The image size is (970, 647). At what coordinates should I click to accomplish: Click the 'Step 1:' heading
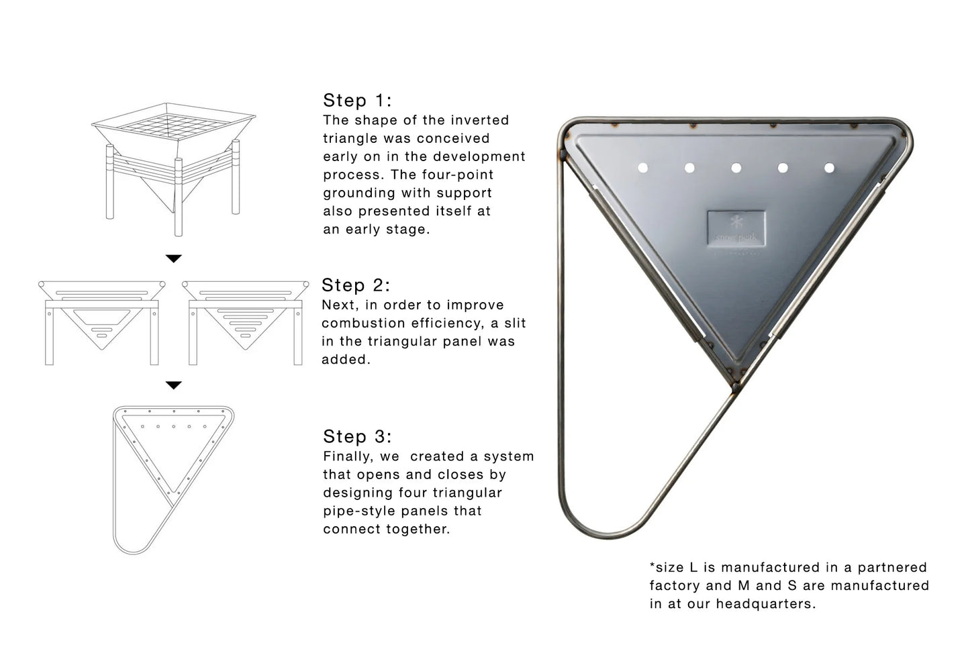pos(357,101)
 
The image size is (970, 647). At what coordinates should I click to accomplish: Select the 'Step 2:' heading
pos(356,285)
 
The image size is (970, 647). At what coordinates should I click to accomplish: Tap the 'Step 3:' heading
pos(357,436)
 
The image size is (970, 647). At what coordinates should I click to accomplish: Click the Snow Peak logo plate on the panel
pos(736,228)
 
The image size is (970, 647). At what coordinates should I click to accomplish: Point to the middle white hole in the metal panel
pos(736,168)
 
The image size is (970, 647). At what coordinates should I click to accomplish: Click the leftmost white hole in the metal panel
pos(642,168)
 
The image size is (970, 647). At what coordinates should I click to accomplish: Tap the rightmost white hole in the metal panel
pos(829,168)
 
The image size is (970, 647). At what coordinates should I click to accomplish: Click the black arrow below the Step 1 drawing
pos(174,258)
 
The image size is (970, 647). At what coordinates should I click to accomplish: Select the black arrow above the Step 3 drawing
pos(174,385)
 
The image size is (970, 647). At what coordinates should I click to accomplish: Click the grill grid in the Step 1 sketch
pos(172,126)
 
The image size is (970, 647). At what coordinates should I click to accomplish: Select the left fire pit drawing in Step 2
pos(102,323)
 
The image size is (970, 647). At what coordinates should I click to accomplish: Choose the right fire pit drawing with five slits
pos(246,323)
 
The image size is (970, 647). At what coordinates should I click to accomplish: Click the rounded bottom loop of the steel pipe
pos(606,532)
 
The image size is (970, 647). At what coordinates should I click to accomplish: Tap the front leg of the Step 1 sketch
pos(179,197)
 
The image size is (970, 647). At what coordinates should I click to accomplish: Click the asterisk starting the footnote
pos(652,565)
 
